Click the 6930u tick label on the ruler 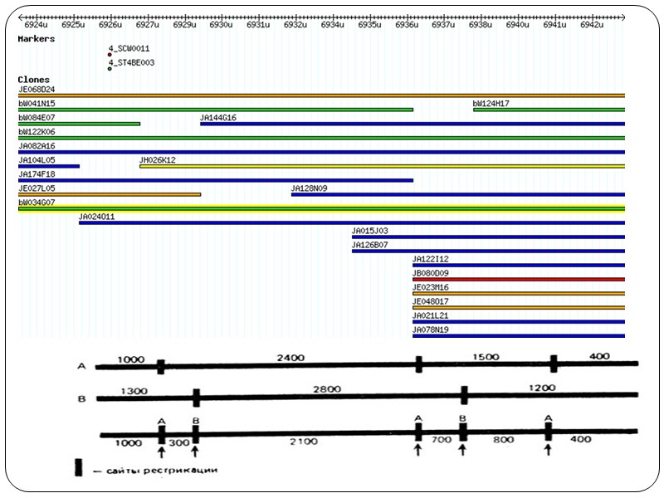pos(220,25)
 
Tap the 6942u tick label pos(591,25)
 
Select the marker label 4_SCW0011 pos(129,48)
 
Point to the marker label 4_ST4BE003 pos(131,62)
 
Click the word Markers pos(37,38)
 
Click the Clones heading pos(33,80)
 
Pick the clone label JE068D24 pos(37,89)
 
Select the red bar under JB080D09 pos(518,279)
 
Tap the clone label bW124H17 pos(491,103)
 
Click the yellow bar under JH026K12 pos(382,166)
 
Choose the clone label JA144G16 pos(218,117)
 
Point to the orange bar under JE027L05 pos(110,194)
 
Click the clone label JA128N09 pos(309,188)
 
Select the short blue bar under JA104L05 pos(49,166)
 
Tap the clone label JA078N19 pos(431,330)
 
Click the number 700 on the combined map pos(440,438)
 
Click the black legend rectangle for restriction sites pos(79,466)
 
